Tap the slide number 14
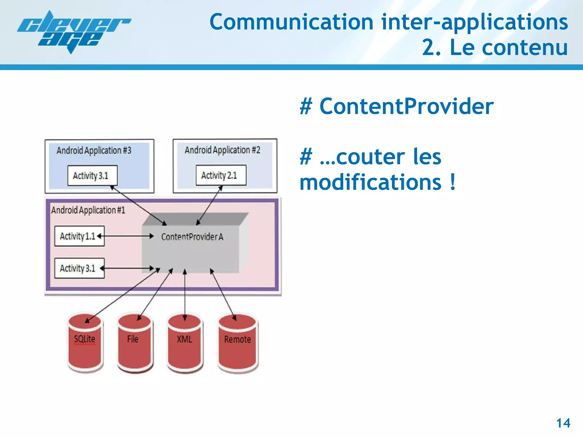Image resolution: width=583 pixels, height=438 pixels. [563, 423]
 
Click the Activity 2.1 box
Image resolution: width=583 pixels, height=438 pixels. [221, 175]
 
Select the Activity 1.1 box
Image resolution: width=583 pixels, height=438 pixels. [79, 236]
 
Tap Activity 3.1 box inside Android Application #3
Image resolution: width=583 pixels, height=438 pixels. [92, 175]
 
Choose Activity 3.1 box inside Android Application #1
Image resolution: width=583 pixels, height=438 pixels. [79, 268]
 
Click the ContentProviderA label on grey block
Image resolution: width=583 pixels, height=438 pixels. [192, 237]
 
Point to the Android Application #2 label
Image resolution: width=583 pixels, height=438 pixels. [222, 150]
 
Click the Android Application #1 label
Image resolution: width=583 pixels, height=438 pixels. [88, 210]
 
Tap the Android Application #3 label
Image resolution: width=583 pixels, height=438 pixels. [94, 150]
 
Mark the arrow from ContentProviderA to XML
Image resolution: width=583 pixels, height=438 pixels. [185, 294]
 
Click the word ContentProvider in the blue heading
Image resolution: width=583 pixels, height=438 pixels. [407, 106]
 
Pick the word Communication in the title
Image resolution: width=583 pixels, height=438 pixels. [291, 22]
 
